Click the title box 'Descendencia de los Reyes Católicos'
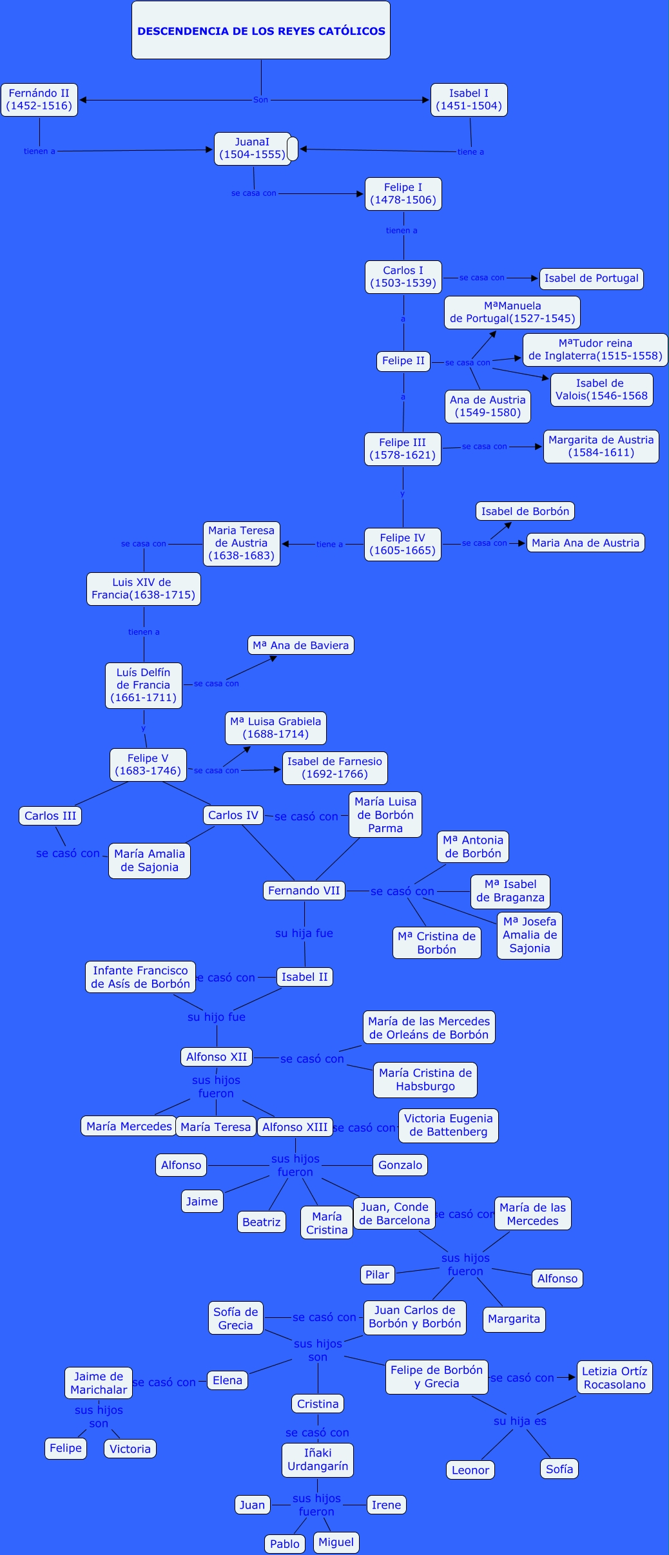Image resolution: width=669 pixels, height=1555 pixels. tap(261, 30)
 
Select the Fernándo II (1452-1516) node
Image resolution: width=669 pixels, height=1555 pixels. tap(39, 100)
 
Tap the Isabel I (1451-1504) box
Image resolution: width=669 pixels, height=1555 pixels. tap(469, 100)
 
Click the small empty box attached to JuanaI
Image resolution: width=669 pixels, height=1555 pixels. tap(293, 149)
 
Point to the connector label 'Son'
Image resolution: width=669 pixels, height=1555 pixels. tap(260, 100)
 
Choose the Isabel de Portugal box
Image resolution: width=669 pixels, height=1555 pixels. tap(591, 278)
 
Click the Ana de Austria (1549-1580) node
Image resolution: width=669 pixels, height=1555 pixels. tap(487, 407)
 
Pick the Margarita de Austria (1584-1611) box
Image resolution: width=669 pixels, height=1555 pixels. tap(601, 447)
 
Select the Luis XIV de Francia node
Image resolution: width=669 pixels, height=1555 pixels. tap(143, 589)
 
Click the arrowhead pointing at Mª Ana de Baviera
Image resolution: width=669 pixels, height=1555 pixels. tap(273, 659)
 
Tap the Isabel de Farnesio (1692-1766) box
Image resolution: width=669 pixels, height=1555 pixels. tap(334, 768)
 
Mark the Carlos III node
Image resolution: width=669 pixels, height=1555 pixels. tap(50, 816)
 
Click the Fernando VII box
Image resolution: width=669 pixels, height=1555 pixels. tap(304, 891)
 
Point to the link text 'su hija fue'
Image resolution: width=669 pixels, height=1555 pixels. tap(304, 933)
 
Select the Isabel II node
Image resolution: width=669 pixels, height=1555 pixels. tap(304, 977)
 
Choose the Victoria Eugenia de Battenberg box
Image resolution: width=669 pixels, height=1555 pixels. tap(448, 1125)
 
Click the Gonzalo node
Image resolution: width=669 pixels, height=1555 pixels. tap(400, 1165)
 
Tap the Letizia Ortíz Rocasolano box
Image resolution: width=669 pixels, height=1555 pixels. tap(614, 1378)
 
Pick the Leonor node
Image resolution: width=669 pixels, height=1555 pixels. tap(470, 1470)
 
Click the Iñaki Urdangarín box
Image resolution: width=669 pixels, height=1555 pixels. tap(317, 1460)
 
